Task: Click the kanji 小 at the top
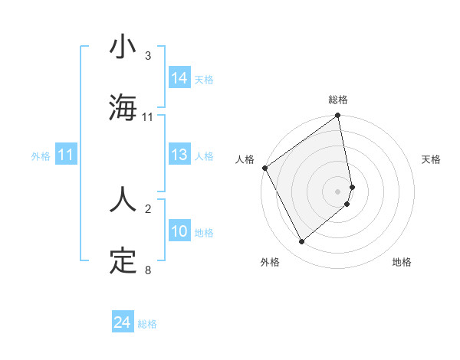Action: tap(123, 47)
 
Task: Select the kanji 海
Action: tap(123, 108)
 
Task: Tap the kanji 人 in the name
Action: tap(123, 199)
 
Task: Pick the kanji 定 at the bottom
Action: tap(123, 260)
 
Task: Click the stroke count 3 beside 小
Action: tap(148, 56)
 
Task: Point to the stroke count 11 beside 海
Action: tap(148, 117)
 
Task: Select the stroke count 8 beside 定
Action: tap(148, 270)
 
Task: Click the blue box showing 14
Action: tap(179, 78)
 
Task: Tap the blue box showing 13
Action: tap(179, 155)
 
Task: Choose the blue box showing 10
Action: tap(179, 232)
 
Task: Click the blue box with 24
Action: tap(123, 323)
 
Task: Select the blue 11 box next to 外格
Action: tap(66, 155)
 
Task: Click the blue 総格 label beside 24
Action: tap(147, 324)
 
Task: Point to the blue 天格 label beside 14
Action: tap(204, 79)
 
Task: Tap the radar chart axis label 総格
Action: tap(338, 100)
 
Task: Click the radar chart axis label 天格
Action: tap(432, 159)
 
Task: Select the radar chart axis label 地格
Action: tap(402, 263)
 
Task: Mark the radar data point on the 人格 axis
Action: tap(264, 168)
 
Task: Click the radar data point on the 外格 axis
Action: tap(301, 242)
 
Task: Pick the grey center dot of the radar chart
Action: tap(338, 191)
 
